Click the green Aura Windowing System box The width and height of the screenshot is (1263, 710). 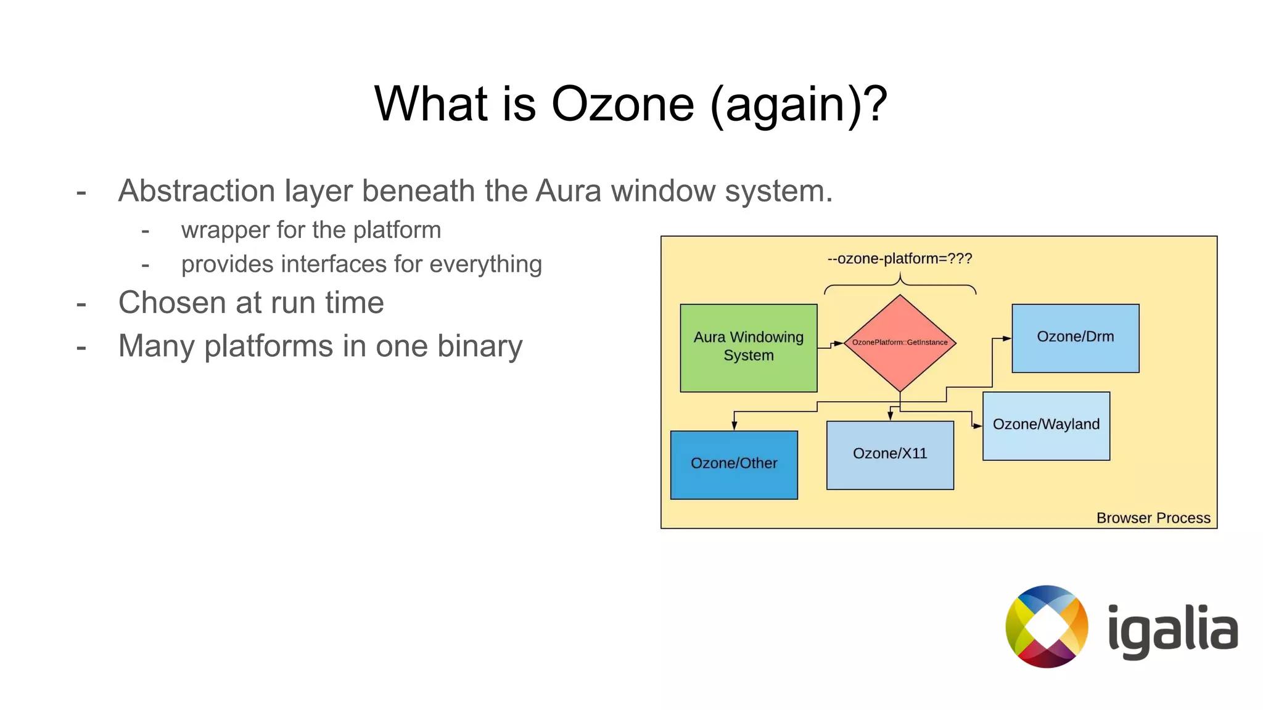pos(748,348)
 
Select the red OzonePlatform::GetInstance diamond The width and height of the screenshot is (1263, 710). pos(900,343)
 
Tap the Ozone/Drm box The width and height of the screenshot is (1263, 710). pos(1075,338)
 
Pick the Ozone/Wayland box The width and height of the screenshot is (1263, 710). pos(1046,426)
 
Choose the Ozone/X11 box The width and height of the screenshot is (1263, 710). pos(889,455)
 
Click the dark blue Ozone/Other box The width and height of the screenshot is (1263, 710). pos(734,465)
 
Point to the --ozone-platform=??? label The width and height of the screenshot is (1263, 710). pos(899,259)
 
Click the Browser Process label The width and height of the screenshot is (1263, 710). pos(1153,518)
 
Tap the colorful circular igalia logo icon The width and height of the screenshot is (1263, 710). pos(1047,626)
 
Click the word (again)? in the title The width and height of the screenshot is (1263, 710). pos(799,105)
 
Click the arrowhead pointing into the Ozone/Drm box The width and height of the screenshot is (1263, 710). pos(1006,338)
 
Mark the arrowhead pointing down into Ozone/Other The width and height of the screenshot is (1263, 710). pos(734,425)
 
